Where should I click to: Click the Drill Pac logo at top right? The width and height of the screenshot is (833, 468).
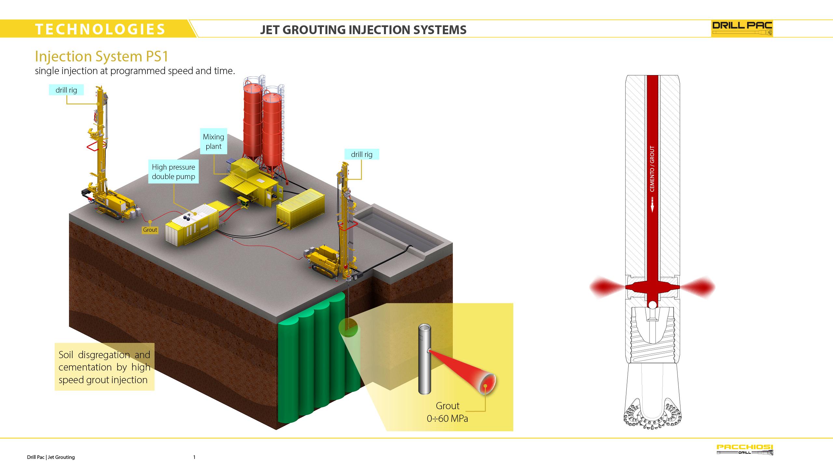pyautogui.click(x=742, y=29)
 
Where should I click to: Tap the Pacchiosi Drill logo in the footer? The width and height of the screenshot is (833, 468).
pyautogui.click(x=745, y=450)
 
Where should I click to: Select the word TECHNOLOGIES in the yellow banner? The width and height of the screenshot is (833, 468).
pyautogui.click(x=101, y=29)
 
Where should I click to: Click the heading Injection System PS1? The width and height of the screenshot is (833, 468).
pyautogui.click(x=102, y=56)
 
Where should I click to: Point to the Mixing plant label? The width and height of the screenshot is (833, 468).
pyautogui.click(x=213, y=141)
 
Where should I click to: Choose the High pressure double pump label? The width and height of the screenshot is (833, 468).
pyautogui.click(x=173, y=172)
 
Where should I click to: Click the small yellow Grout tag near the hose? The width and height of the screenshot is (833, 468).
pyautogui.click(x=150, y=230)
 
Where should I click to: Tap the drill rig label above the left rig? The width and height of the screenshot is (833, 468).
pyautogui.click(x=66, y=90)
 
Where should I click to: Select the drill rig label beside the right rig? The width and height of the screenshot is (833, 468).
pyautogui.click(x=362, y=154)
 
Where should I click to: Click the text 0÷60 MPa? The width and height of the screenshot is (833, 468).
pyautogui.click(x=447, y=418)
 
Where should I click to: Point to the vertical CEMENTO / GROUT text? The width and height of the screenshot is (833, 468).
pyautogui.click(x=652, y=169)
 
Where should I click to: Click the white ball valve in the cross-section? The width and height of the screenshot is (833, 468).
pyautogui.click(x=652, y=305)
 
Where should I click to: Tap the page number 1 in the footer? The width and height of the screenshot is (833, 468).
pyautogui.click(x=194, y=457)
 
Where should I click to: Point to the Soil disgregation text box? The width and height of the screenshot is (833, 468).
pyautogui.click(x=104, y=367)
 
